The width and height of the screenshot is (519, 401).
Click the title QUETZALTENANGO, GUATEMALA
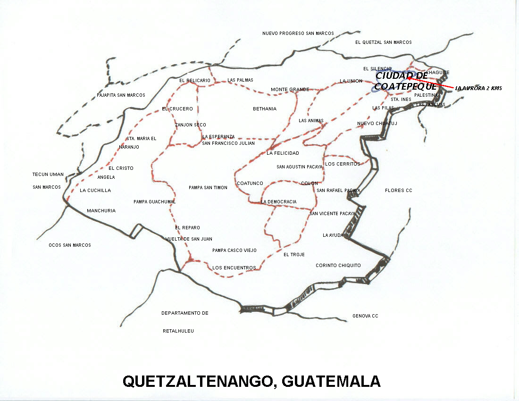click(x=251, y=381)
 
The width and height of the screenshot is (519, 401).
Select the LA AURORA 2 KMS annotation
click(x=478, y=88)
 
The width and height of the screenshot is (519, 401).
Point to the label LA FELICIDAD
click(x=283, y=153)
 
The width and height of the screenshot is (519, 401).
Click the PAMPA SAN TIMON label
click(x=208, y=188)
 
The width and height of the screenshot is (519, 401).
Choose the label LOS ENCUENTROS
click(x=234, y=268)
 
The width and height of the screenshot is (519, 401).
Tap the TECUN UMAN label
click(x=48, y=175)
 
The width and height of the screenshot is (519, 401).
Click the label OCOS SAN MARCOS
click(x=70, y=245)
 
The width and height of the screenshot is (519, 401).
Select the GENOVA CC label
click(x=365, y=316)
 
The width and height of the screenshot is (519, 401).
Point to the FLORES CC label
click(x=398, y=191)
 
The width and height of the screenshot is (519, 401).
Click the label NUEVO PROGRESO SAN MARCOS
click(x=298, y=33)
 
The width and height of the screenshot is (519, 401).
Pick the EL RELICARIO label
click(x=195, y=81)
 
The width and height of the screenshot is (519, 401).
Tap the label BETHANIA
click(x=265, y=109)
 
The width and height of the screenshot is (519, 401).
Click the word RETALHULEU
click(x=178, y=331)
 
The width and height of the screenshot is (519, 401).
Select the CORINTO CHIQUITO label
click(x=338, y=266)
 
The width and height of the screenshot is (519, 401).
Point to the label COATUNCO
click(x=250, y=184)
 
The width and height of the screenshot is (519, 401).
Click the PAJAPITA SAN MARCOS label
click(x=121, y=95)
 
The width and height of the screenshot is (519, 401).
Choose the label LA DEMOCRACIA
click(x=279, y=202)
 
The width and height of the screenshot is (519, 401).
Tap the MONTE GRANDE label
click(x=290, y=90)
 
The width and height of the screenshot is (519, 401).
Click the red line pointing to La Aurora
click(x=432, y=83)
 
